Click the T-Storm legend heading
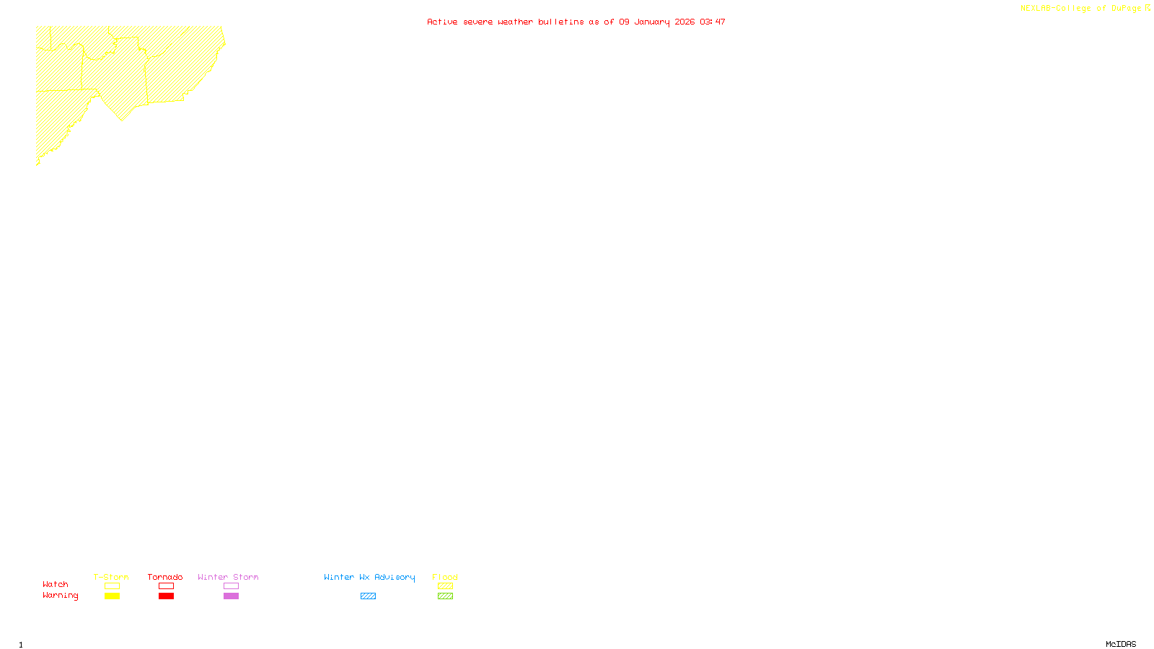point(111,577)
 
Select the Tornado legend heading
point(165,577)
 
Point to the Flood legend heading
point(445,577)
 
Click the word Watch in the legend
point(56,584)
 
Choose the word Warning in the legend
point(61,596)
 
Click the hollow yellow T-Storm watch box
point(112,586)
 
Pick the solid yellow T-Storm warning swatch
point(112,596)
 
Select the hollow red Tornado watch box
point(166,586)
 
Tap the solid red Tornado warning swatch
point(166,596)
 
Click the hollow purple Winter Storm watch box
point(231,586)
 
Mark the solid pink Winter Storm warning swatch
point(231,596)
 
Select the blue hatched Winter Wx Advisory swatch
point(368,596)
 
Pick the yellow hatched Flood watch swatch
point(445,586)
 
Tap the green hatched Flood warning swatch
point(445,596)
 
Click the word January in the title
point(652,22)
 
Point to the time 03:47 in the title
point(713,22)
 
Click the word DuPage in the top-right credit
point(1127,9)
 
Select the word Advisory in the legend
point(395,577)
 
